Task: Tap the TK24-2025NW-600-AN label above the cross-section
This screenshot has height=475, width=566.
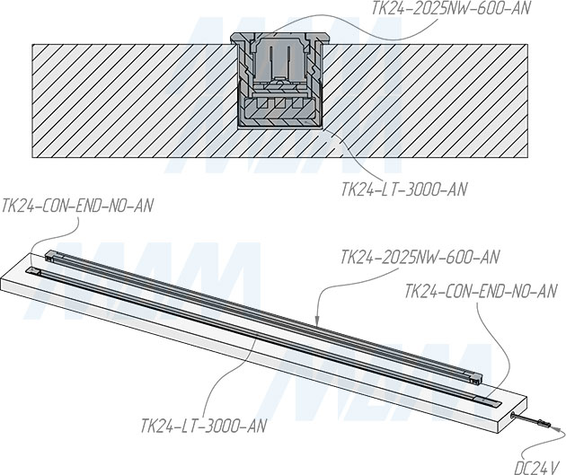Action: pyautogui.click(x=451, y=9)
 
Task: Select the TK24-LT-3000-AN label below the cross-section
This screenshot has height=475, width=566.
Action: pyautogui.click(x=404, y=189)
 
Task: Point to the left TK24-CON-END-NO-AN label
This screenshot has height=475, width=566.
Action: pyautogui.click(x=77, y=206)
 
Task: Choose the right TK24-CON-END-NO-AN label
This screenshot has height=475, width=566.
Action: pyautogui.click(x=481, y=291)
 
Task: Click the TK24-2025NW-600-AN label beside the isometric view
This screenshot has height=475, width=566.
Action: pyautogui.click(x=420, y=257)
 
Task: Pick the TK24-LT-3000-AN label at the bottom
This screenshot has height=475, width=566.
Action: pyautogui.click(x=204, y=426)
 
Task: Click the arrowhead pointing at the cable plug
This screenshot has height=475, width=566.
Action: pyautogui.click(x=557, y=429)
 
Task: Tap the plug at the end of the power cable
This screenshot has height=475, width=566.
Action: pyautogui.click(x=543, y=423)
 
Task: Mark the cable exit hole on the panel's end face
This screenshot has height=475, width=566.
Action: pyautogui.click(x=513, y=416)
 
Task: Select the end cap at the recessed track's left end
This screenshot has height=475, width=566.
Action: pyautogui.click(x=33, y=270)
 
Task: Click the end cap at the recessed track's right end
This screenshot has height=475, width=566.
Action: pyautogui.click(x=488, y=401)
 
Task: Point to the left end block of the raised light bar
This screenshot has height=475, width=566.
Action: pyautogui.click(x=51, y=255)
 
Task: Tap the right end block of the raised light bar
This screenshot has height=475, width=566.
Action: pyautogui.click(x=475, y=379)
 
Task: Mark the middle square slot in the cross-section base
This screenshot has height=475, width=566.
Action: pyautogui.click(x=279, y=103)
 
